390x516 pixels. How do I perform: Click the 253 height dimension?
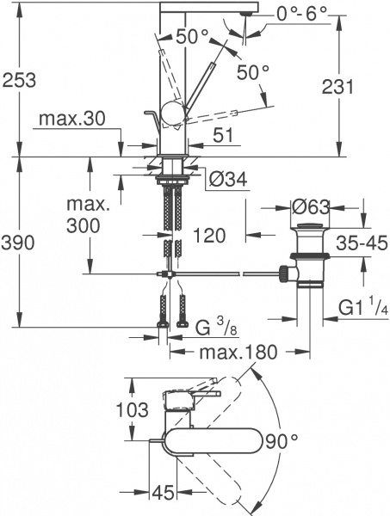coord(19,80)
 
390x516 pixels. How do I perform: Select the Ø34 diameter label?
coord(228,180)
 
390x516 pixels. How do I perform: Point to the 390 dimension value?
coord(19,243)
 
